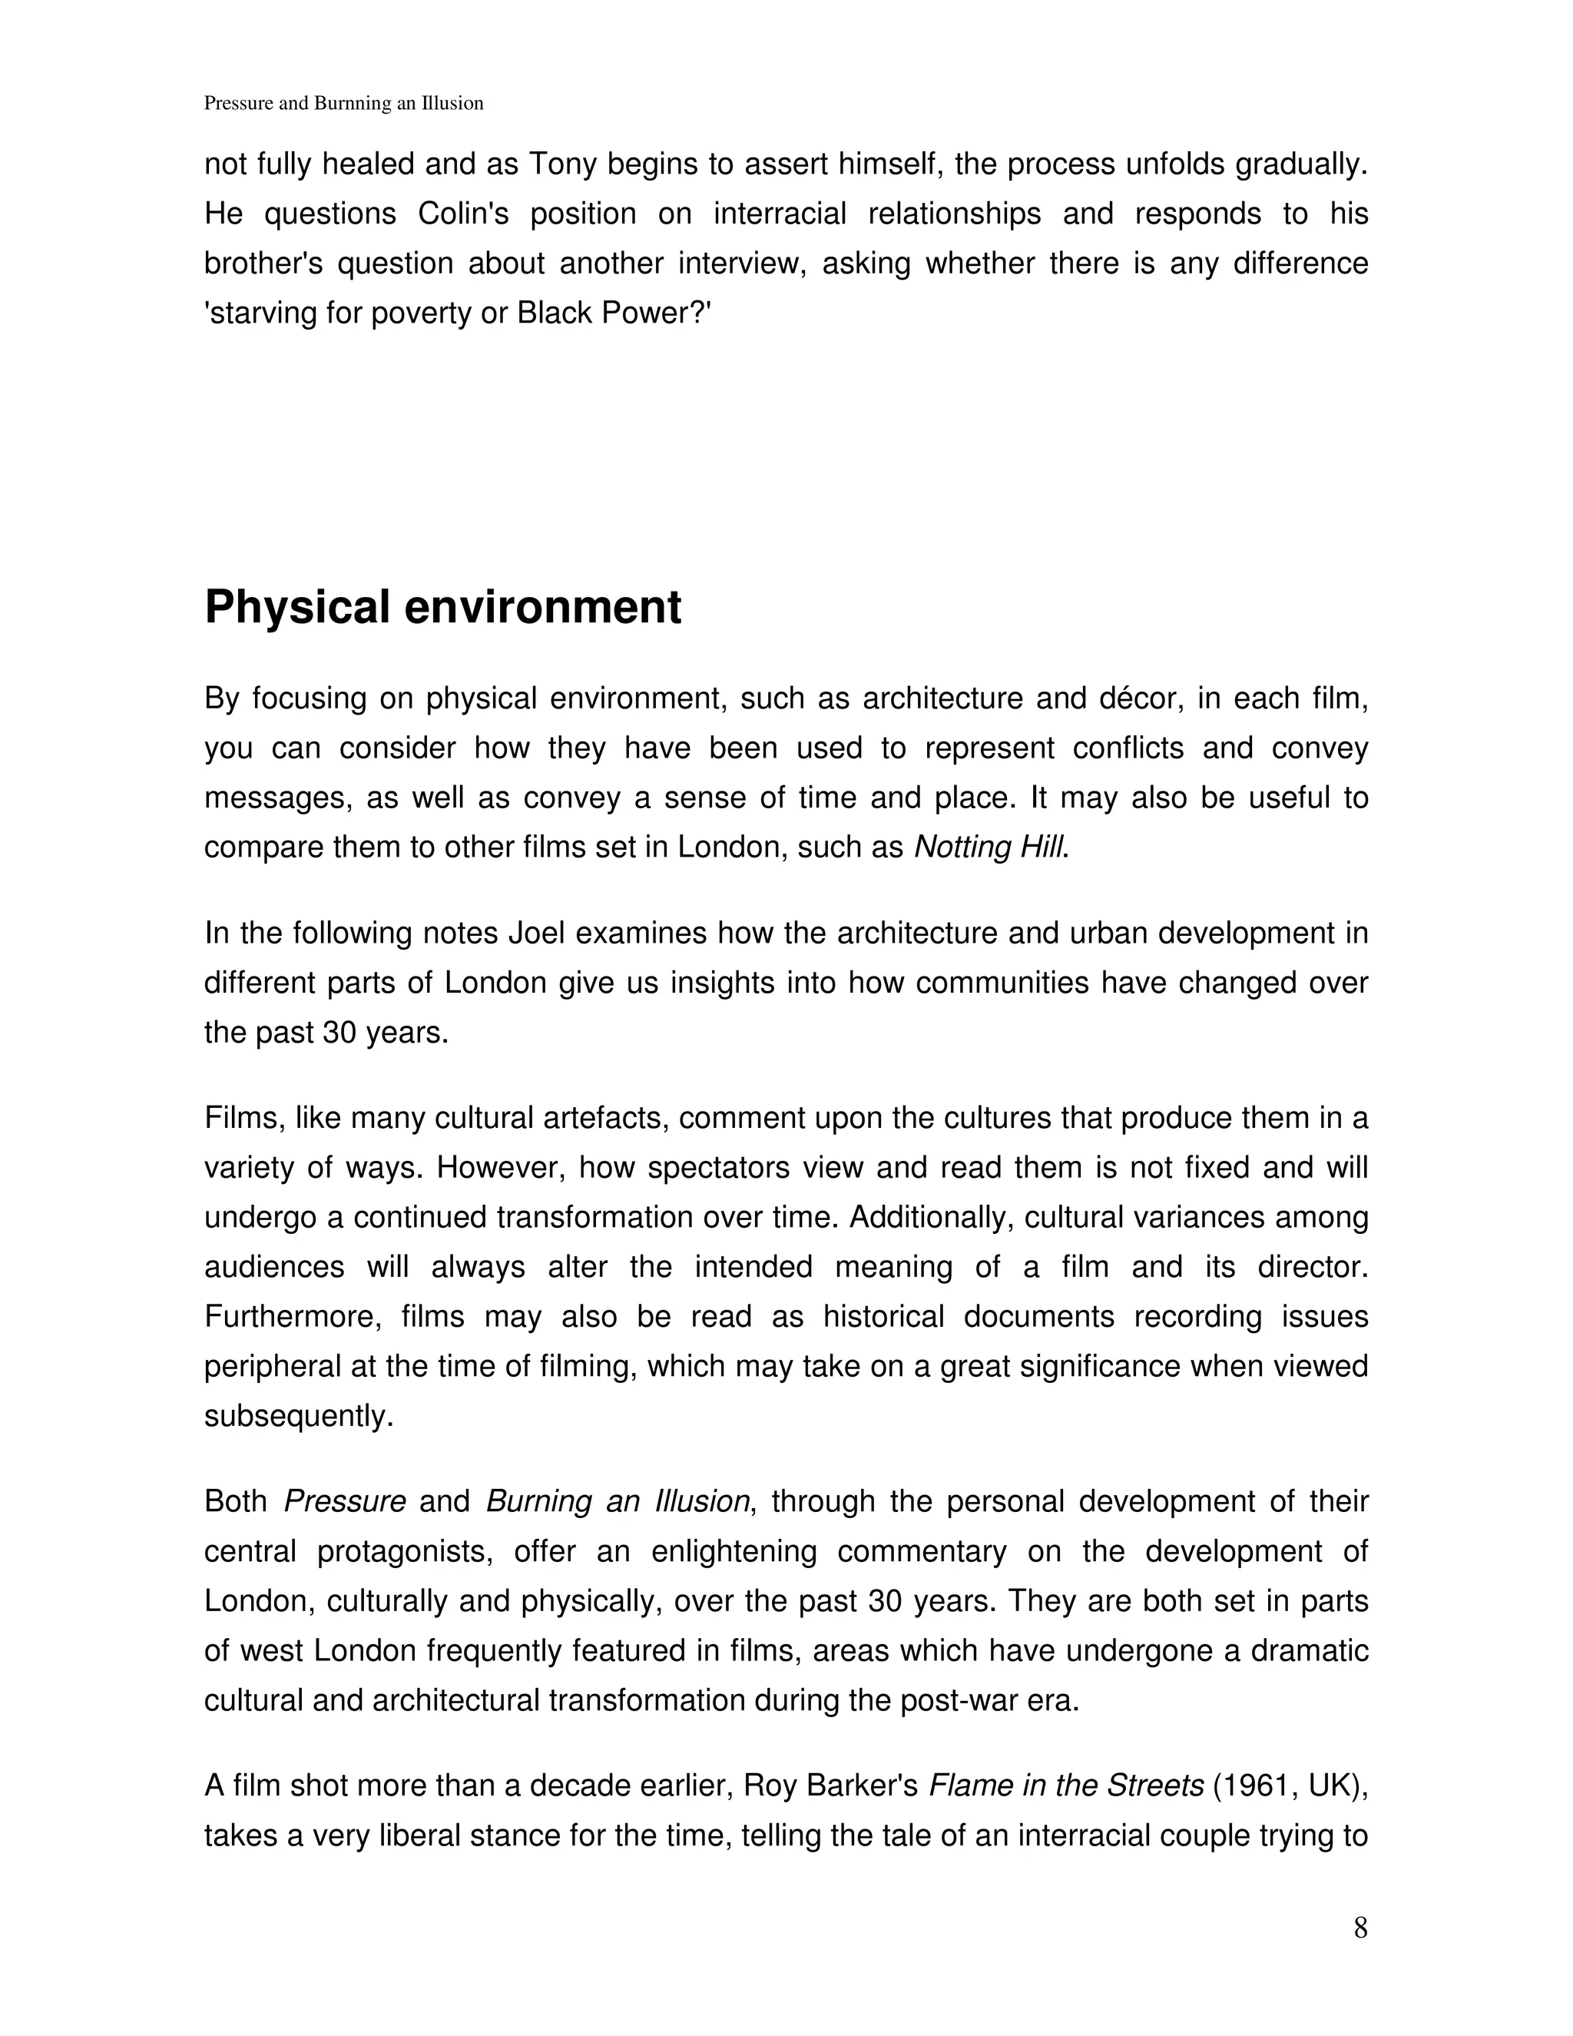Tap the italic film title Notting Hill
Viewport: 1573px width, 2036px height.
(x=989, y=847)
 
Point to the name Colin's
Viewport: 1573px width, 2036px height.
(x=463, y=214)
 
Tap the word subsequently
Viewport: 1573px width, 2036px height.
(x=298, y=1416)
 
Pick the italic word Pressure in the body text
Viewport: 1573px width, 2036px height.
(x=345, y=1502)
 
